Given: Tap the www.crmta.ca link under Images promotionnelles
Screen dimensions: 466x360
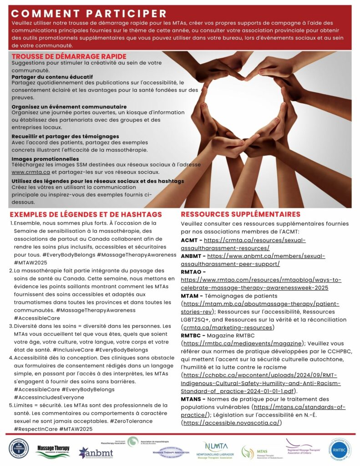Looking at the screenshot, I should (x=30, y=172).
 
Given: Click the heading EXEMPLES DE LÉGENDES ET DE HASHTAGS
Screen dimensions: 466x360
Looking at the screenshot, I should (x=86, y=214).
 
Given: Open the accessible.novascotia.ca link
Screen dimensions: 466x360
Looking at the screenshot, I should (x=231, y=423).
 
